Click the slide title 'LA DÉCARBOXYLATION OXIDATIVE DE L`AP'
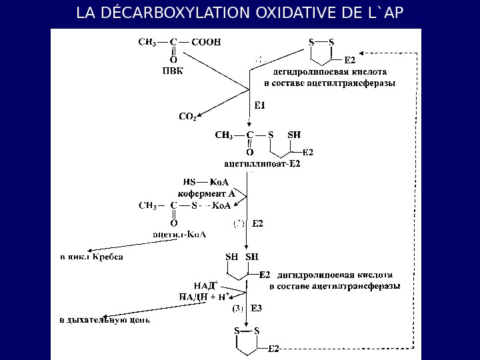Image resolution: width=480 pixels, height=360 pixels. pyautogui.click(x=240, y=13)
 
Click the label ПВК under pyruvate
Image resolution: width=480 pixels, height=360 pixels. pyautogui.click(x=173, y=71)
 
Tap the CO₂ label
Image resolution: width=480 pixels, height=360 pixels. pyautogui.click(x=187, y=117)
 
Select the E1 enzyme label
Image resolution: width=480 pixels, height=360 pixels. pyautogui.click(x=260, y=105)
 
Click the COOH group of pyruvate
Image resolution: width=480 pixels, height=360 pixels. pyautogui.click(x=206, y=41)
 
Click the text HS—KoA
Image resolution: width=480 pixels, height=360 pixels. pyautogui.click(x=206, y=181)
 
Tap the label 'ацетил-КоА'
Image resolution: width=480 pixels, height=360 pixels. pyautogui.click(x=179, y=234)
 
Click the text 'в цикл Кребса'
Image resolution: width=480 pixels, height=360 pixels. pyautogui.click(x=92, y=256)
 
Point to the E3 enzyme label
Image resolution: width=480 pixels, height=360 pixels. pyautogui.click(x=257, y=309)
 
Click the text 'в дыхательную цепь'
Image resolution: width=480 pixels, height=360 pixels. pyautogui.click(x=105, y=320)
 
